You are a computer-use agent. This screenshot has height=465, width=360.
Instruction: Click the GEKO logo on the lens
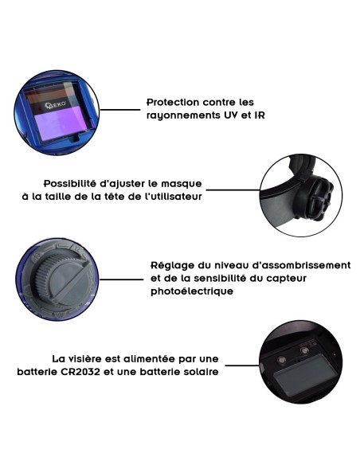pyautogui.click(x=56, y=105)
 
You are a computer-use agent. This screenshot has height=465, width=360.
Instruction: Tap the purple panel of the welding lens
pyautogui.click(x=62, y=123)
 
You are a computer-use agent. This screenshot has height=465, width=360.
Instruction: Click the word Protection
pyautogui.click(x=173, y=102)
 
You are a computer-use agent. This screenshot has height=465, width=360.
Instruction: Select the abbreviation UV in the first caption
pyautogui.click(x=231, y=115)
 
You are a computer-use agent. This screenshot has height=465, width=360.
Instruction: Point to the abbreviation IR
pyautogui.click(x=260, y=115)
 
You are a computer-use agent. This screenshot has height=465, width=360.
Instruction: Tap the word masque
pyautogui.click(x=181, y=184)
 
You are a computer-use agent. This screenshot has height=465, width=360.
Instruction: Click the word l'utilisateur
pyautogui.click(x=176, y=197)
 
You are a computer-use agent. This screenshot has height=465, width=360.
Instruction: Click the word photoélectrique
pyautogui.click(x=192, y=291)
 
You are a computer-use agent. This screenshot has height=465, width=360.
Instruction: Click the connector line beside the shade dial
pyautogui.click(x=121, y=279)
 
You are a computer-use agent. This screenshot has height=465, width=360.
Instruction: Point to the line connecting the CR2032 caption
pyautogui.click(x=242, y=365)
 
